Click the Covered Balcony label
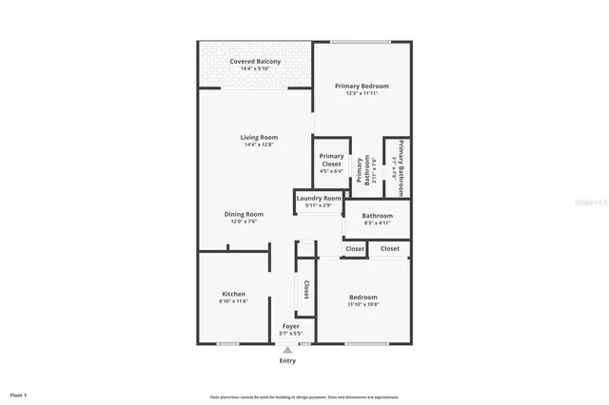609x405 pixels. coord(255,62)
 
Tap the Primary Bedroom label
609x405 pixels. coord(362,86)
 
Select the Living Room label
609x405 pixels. coord(258,138)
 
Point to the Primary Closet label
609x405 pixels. coord(331,160)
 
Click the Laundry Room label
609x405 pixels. coord(318,198)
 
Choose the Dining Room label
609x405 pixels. coord(244,214)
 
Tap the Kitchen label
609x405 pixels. coord(233,294)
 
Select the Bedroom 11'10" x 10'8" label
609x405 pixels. coord(363,298)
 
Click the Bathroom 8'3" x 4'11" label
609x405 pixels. coord(378,216)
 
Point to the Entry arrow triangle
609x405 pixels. coord(287,350)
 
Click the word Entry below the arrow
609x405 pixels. coord(287,360)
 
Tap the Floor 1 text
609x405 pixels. coord(19,394)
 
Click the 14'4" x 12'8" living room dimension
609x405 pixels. coord(258,145)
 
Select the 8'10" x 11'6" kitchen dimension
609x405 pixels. coord(233,301)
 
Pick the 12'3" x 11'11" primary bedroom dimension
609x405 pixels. coord(362,93)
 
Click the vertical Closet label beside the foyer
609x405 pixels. coord(306,289)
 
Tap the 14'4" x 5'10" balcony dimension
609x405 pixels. coord(255,68)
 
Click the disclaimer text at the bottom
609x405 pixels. coord(304,396)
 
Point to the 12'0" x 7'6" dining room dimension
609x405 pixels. coord(244,222)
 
